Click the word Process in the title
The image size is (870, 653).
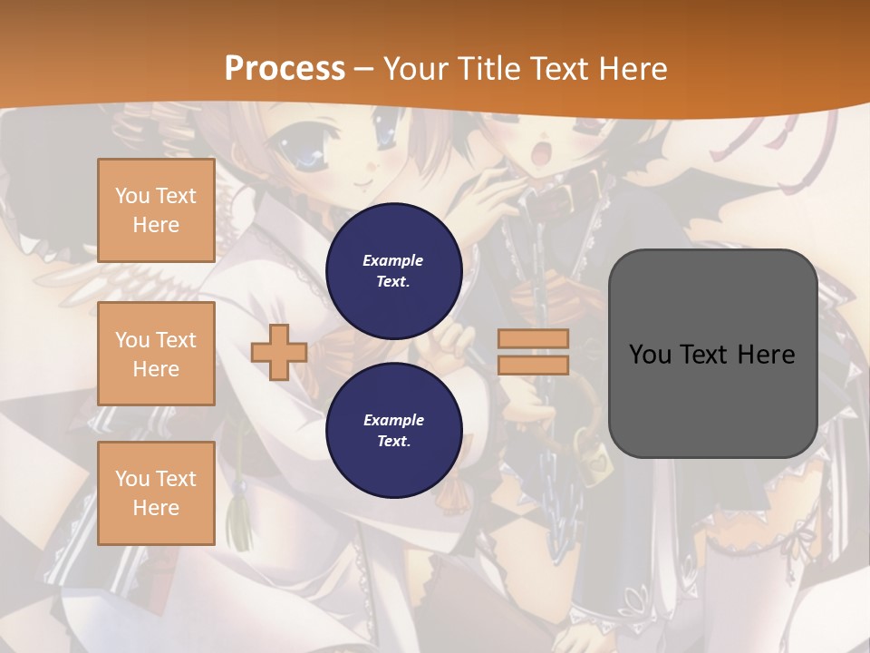(285, 68)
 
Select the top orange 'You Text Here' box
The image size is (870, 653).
(156, 210)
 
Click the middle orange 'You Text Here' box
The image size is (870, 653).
(156, 354)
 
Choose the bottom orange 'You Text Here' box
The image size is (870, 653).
(156, 493)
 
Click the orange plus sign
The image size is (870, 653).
(279, 352)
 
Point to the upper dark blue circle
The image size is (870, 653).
(394, 270)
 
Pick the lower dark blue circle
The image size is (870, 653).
(394, 430)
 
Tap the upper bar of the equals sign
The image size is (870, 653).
(533, 338)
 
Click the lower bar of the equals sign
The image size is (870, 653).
(533, 365)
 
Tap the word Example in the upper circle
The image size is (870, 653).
(393, 260)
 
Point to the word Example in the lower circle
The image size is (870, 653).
(393, 420)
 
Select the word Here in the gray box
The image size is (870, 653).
(767, 354)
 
